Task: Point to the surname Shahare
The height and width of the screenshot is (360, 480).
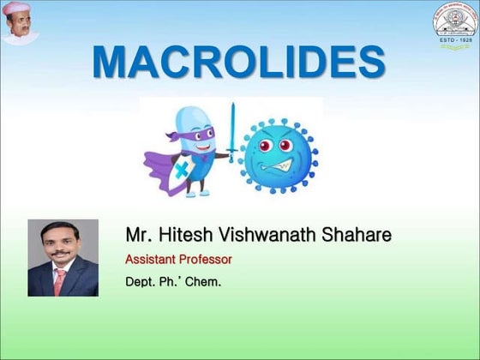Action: pos(346,234)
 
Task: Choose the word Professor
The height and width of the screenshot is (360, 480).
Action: pos(206,258)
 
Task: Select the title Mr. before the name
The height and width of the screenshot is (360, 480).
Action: pos(138,234)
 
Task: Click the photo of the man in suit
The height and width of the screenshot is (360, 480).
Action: pos(63,258)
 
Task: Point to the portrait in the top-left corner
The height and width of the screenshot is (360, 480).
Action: pos(21,23)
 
